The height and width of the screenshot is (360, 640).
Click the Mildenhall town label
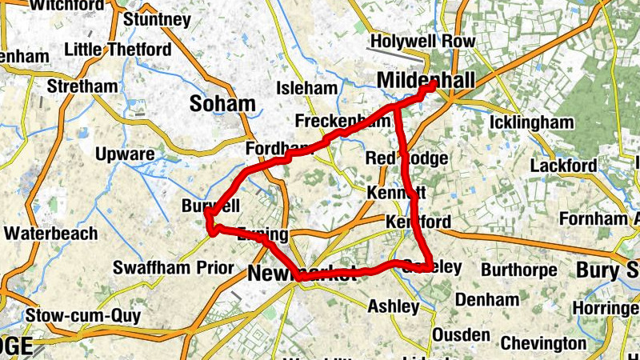click(425, 80)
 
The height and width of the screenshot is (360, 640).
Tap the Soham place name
click(222, 103)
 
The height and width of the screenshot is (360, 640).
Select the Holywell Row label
click(423, 42)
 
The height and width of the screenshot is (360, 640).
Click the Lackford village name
click(563, 166)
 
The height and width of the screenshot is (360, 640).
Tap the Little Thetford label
click(117, 50)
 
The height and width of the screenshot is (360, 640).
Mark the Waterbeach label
click(50, 234)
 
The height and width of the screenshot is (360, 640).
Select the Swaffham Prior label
click(174, 267)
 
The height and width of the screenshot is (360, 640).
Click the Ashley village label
click(393, 306)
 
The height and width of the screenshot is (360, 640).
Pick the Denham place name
click(487, 300)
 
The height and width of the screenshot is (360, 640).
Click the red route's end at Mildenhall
click(433, 84)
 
